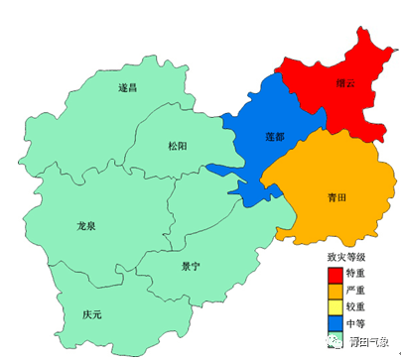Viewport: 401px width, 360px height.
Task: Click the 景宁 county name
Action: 191,266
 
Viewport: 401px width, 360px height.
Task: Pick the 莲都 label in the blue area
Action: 275,137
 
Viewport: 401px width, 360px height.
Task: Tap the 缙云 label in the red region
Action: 346,84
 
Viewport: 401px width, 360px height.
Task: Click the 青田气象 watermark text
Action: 372,343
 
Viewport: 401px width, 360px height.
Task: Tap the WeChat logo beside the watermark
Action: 331,342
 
